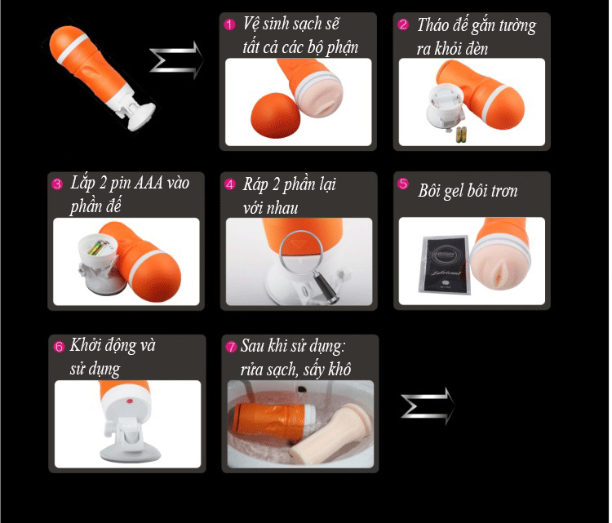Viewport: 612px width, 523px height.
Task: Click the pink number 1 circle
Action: pyautogui.click(x=229, y=24)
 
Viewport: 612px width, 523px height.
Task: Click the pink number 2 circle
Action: pyautogui.click(x=403, y=24)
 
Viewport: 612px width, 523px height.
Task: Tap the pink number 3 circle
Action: pyautogui.click(x=57, y=184)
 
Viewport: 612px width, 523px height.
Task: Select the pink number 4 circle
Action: pyautogui.click(x=230, y=184)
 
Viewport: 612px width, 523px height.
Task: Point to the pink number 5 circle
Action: pyautogui.click(x=403, y=184)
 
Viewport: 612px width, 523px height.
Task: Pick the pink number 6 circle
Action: pyautogui.click(x=59, y=347)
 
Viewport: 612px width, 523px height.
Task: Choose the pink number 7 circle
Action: pyautogui.click(x=232, y=347)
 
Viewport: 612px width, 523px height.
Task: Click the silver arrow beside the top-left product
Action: pyautogui.click(x=176, y=60)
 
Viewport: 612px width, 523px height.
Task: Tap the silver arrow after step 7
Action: pyautogui.click(x=428, y=406)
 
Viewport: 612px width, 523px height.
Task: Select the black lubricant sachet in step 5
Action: pyautogui.click(x=445, y=264)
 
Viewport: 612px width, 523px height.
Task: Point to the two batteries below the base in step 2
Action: pyautogui.click(x=461, y=135)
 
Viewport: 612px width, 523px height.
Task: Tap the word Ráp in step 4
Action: pyautogui.click(x=255, y=184)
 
